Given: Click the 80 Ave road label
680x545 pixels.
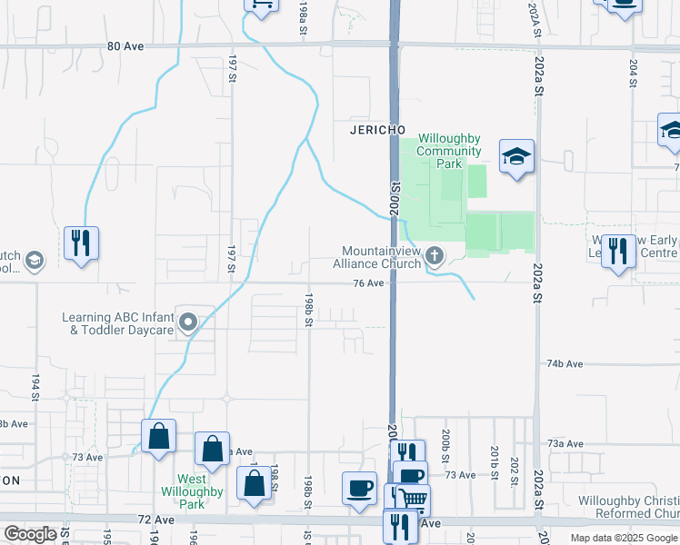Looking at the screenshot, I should coord(125,45).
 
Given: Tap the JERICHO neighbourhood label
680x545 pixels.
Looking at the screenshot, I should coord(376,130).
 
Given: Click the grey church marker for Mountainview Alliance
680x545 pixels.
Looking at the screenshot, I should coord(435,255).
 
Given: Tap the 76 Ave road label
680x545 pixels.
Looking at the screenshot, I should coord(368,282).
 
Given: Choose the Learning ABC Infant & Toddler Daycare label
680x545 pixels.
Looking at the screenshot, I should coord(117,323).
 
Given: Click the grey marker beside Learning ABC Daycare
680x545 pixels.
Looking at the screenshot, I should coord(188,322).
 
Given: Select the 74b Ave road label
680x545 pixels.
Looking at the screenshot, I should coord(565,363).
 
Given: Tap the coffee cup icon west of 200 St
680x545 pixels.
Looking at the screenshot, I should coord(358,488).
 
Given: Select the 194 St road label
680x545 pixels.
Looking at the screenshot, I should coord(36,388).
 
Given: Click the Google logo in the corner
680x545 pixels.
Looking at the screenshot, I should coord(30,534).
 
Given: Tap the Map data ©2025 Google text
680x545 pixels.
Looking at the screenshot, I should coord(623,538).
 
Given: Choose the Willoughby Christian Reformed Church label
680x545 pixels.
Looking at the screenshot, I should coord(629,508).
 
